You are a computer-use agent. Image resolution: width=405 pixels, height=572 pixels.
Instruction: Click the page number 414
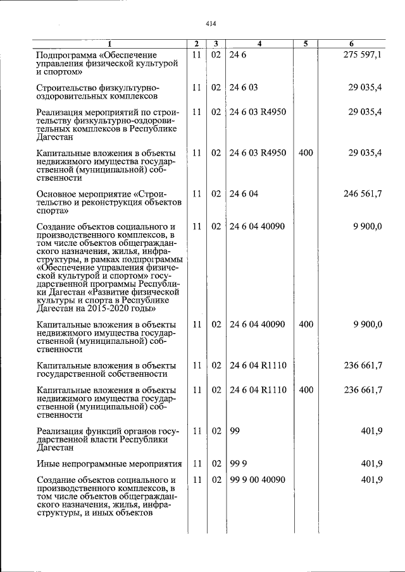coord(211,24)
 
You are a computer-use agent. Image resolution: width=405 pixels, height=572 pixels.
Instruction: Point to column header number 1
coord(109,44)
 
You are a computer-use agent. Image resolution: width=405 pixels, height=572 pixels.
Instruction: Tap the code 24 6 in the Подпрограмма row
coord(237,56)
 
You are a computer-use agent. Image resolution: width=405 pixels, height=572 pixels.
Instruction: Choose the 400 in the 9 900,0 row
coord(306,324)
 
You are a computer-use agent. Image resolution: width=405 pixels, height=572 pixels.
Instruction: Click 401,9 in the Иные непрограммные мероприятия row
coord(372,463)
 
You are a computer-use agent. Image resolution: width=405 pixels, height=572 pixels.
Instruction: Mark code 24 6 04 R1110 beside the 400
coord(258,390)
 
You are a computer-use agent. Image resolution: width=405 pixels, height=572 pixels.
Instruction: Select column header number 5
coord(305,44)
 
